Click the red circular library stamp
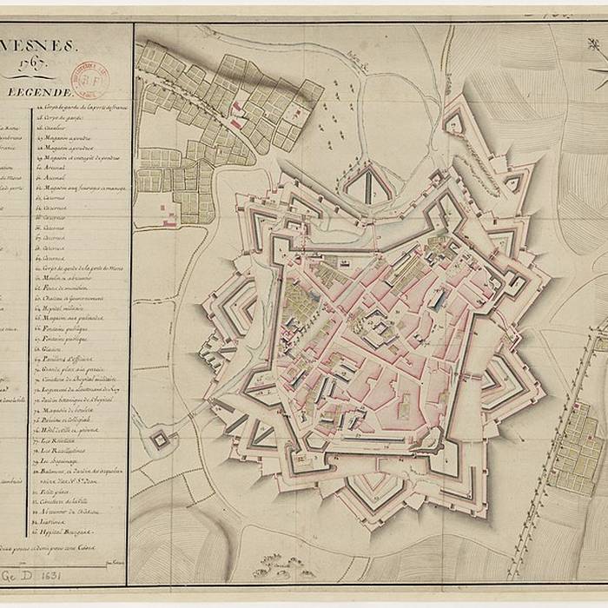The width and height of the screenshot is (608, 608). [x=89, y=76]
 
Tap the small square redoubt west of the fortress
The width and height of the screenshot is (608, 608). [x=160, y=439]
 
